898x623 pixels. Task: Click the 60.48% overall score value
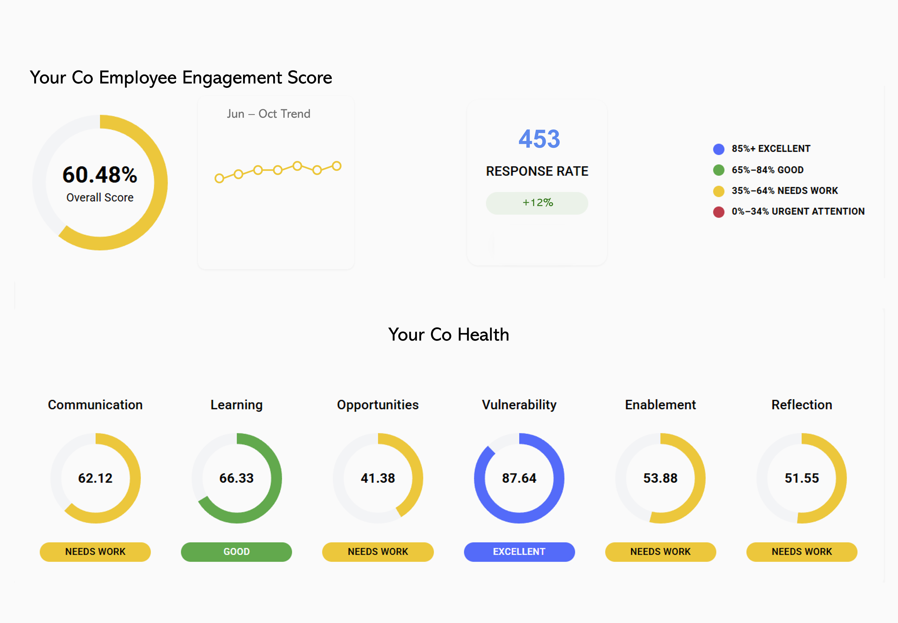pyautogui.click(x=100, y=175)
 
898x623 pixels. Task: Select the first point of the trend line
pyautogui.click(x=219, y=178)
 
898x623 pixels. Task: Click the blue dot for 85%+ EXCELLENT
pyautogui.click(x=718, y=149)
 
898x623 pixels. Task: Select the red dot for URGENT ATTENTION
pyautogui.click(x=718, y=212)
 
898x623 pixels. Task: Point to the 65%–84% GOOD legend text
pyautogui.click(x=767, y=170)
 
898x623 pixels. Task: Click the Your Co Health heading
pyautogui.click(x=448, y=335)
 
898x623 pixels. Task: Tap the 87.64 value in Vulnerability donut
pyautogui.click(x=519, y=478)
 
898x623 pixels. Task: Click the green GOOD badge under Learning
pyautogui.click(x=236, y=551)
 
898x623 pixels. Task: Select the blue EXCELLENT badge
pyautogui.click(x=519, y=551)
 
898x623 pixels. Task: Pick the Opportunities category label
pyautogui.click(x=378, y=405)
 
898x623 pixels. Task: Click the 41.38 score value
pyautogui.click(x=378, y=478)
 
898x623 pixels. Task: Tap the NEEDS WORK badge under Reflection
pyautogui.click(x=802, y=551)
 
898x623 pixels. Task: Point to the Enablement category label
pyautogui.click(x=660, y=405)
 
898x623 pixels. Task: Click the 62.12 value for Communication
pyautogui.click(x=95, y=478)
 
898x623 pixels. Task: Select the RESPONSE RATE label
pyautogui.click(x=537, y=171)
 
